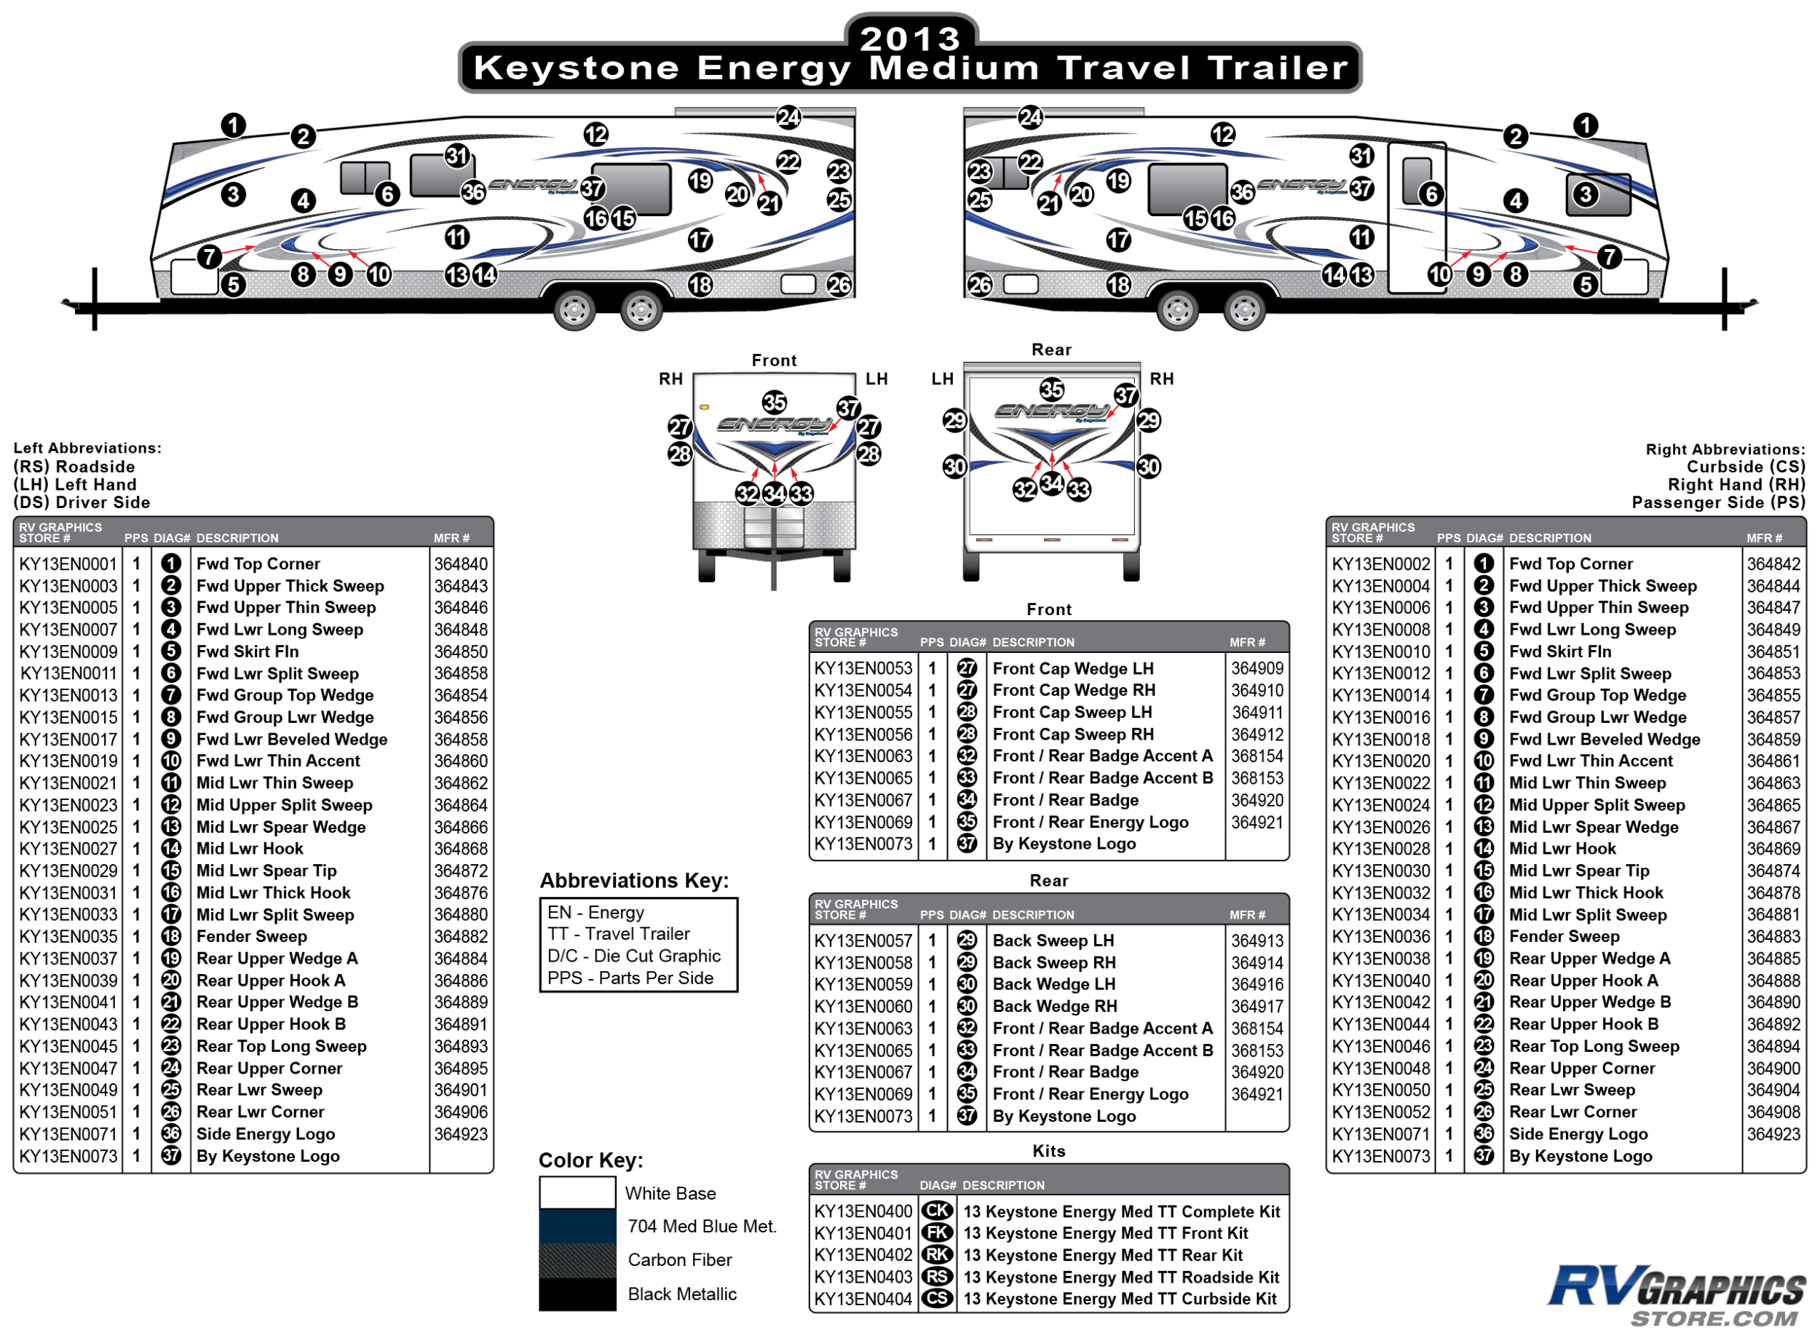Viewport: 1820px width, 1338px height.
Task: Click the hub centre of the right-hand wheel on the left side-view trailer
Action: pyautogui.click(x=641, y=309)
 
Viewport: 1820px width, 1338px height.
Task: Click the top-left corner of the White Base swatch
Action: pyautogui.click(x=540, y=1177)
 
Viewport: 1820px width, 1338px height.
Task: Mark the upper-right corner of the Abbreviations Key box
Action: pyautogui.click(x=737, y=898)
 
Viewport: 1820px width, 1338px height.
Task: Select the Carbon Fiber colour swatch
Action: pyautogui.click(x=577, y=1260)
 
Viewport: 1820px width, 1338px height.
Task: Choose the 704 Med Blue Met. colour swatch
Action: pyautogui.click(x=577, y=1226)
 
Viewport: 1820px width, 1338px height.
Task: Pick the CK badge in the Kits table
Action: pyautogui.click(x=937, y=1211)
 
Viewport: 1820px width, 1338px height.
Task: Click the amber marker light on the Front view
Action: pyautogui.click(x=705, y=407)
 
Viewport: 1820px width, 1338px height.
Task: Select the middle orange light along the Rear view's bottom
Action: pyautogui.click(x=1052, y=539)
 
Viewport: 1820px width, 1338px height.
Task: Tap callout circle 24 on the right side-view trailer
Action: pyautogui.click(x=1030, y=117)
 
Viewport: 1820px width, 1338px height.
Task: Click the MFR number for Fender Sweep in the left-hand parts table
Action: pyautogui.click(x=461, y=936)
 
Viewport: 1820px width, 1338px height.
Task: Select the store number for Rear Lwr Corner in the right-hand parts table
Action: pyautogui.click(x=1381, y=1112)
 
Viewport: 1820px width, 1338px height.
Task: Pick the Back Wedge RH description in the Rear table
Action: pyautogui.click(x=1055, y=1006)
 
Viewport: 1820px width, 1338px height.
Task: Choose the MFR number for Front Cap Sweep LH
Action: pyautogui.click(x=1257, y=712)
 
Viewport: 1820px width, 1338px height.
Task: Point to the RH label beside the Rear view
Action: pyautogui.click(x=1161, y=379)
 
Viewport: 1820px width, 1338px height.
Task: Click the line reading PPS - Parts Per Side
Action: pyautogui.click(x=630, y=978)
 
